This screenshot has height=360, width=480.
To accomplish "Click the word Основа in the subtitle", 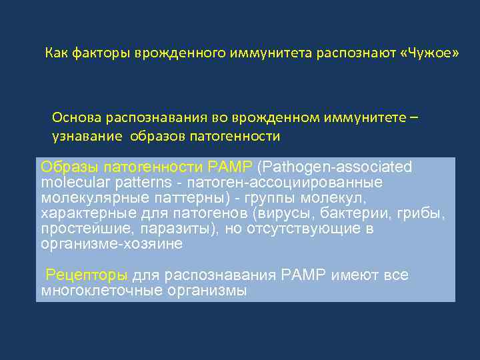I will coord(75,117).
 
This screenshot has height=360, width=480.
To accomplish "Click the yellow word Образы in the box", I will coord(63,166).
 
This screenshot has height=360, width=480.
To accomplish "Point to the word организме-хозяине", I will coord(111,244).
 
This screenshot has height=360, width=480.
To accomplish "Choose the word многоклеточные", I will coord(94,290).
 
